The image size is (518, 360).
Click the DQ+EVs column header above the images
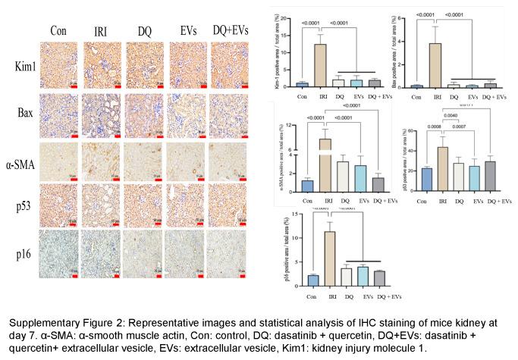[x=230, y=31]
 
